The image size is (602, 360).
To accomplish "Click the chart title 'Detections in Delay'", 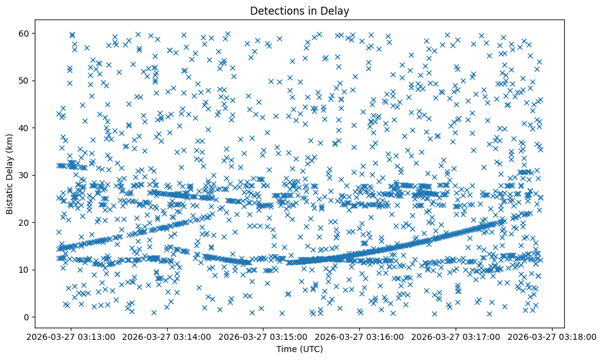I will click(x=299, y=10).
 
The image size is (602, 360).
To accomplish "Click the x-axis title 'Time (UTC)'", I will click(x=299, y=349).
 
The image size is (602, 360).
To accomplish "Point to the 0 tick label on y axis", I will click(x=25, y=317).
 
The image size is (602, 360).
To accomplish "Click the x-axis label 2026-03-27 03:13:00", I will click(x=71, y=337).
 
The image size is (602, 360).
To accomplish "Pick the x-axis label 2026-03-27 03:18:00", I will click(x=553, y=337).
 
